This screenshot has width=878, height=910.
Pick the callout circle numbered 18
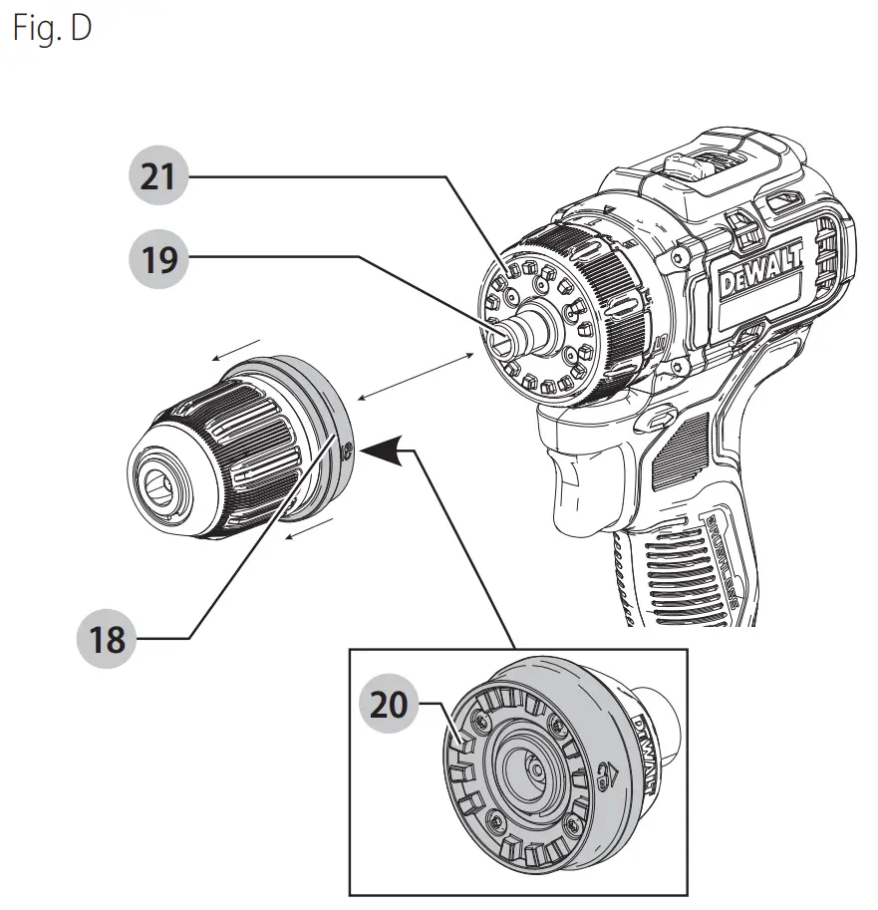(106, 638)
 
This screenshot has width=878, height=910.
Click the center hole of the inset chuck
(530, 768)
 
